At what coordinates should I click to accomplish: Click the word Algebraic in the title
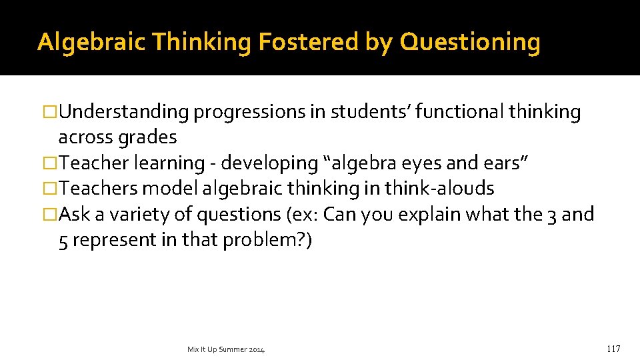[91, 42]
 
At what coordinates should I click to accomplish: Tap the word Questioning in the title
[470, 42]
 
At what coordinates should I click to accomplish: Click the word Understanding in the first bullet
[124, 113]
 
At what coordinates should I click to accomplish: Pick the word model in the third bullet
[171, 189]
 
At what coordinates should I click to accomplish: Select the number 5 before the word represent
[63, 240]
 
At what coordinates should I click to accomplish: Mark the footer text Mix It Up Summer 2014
[226, 349]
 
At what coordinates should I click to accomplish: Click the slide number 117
[613, 349]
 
